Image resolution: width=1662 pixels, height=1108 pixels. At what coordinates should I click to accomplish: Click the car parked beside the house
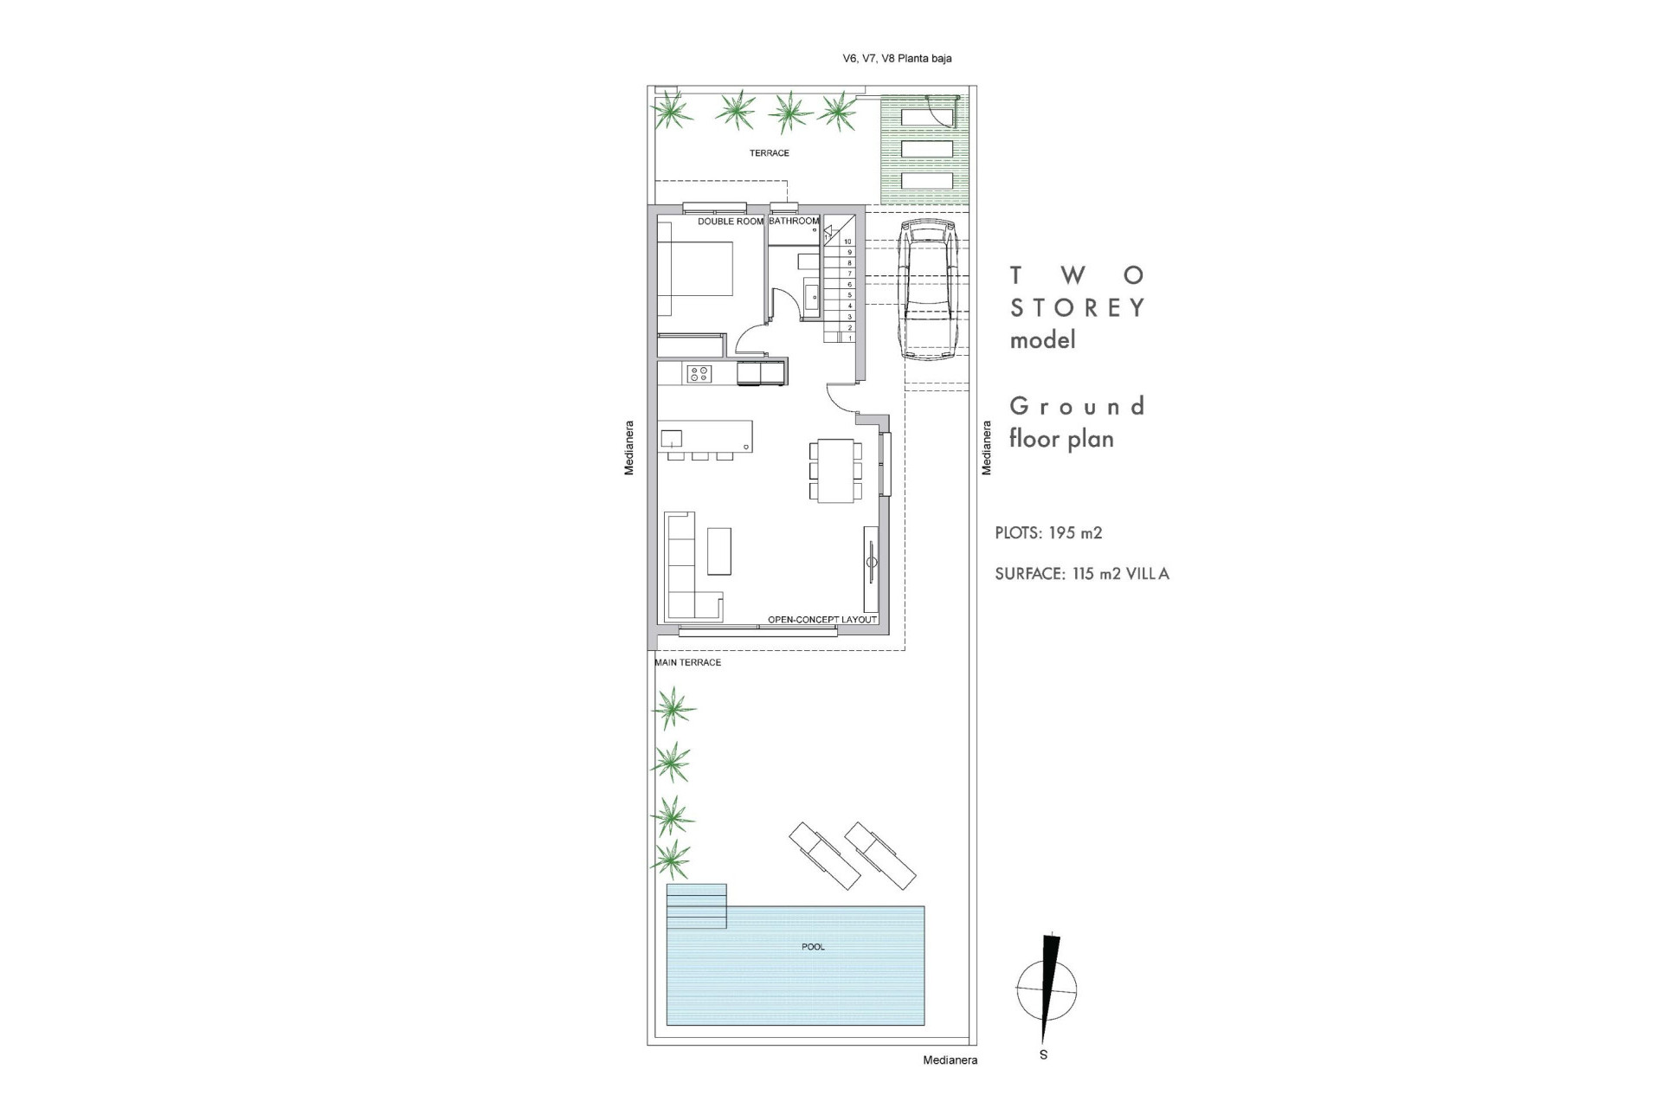click(927, 290)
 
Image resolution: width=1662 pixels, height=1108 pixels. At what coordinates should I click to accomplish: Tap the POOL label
click(813, 947)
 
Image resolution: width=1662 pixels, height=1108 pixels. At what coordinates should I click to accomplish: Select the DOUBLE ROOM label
click(731, 222)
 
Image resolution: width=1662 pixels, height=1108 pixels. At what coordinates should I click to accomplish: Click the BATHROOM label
click(793, 222)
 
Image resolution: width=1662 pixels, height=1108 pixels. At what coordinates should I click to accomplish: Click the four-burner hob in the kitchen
click(699, 374)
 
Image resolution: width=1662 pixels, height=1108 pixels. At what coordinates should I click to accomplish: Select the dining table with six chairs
click(836, 470)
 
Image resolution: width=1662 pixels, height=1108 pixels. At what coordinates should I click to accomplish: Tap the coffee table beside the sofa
click(719, 551)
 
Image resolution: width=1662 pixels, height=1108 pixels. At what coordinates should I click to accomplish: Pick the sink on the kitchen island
click(672, 438)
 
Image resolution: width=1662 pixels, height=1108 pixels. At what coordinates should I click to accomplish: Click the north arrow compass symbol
click(1047, 989)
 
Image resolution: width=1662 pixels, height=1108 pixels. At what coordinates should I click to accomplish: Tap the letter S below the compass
click(1043, 1054)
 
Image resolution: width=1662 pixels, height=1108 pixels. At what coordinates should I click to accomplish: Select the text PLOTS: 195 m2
click(1048, 533)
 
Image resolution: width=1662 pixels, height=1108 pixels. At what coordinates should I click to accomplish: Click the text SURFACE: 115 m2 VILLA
click(1081, 574)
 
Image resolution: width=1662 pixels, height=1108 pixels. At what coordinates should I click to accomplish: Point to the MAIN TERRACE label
click(688, 662)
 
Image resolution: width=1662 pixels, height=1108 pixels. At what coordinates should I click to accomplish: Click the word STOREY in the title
click(1078, 307)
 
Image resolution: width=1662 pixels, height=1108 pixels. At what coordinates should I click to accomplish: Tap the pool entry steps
click(696, 905)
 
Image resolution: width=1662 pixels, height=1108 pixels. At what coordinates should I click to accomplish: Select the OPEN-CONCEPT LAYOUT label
click(822, 620)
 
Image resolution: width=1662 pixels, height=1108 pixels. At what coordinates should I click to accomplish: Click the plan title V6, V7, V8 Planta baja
click(897, 59)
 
